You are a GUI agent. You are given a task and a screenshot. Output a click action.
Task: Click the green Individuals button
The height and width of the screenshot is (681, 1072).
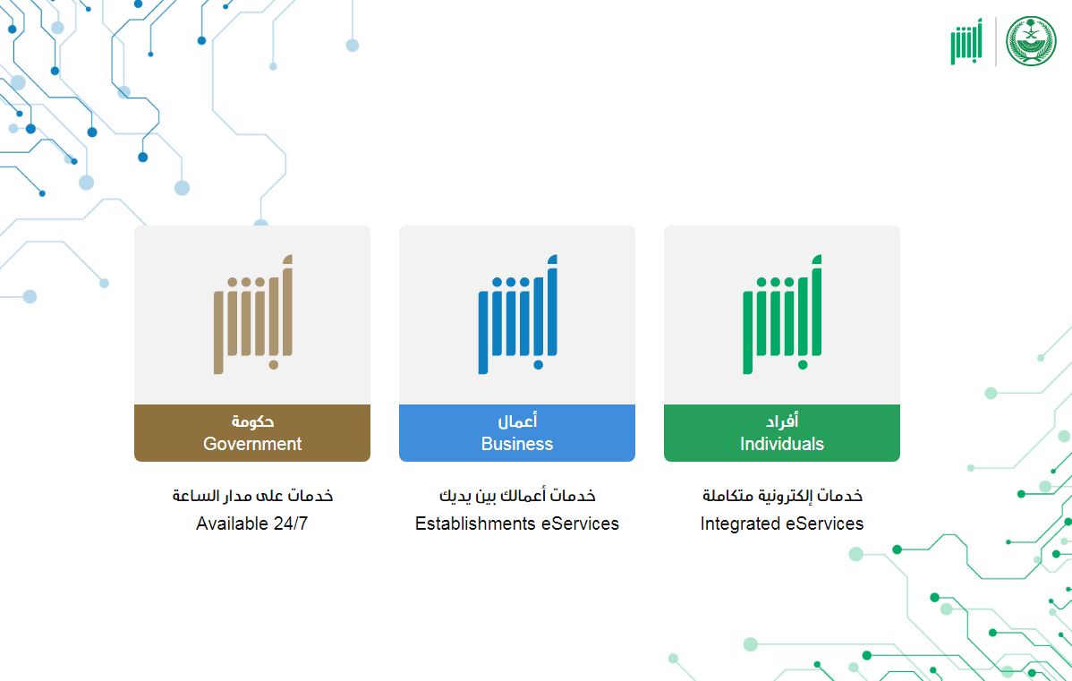[781, 433]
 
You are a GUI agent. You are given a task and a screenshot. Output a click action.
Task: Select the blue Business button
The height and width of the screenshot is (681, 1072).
[517, 433]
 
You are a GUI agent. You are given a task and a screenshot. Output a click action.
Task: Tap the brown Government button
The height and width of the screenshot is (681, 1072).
[252, 433]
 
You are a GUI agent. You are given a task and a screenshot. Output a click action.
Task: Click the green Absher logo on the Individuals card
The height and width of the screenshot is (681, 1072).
[782, 314]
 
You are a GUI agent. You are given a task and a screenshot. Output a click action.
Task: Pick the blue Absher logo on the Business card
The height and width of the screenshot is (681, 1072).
[517, 314]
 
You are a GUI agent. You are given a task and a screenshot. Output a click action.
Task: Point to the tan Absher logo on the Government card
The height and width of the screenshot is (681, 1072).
[253, 314]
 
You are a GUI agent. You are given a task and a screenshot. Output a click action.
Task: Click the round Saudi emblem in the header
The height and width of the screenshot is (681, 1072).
[1031, 41]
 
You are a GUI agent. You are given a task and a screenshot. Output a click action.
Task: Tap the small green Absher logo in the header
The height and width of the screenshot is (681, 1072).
[966, 42]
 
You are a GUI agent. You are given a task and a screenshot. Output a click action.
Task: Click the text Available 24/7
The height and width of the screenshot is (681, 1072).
[251, 524]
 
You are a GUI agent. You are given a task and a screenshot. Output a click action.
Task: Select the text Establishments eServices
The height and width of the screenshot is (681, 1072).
[517, 524]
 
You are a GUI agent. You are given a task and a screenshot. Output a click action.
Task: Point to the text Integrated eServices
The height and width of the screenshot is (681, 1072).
[781, 524]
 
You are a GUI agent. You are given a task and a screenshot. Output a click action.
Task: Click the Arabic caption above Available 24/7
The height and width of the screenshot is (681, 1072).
[252, 495]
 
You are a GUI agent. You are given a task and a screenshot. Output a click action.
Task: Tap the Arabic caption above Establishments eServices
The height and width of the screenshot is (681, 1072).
[517, 495]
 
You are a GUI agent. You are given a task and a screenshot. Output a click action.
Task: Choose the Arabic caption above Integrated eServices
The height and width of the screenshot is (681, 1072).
[782, 495]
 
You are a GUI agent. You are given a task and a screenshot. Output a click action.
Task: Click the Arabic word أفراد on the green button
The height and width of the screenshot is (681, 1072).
[782, 421]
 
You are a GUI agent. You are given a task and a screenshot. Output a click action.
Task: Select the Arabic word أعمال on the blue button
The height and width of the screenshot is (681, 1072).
[517, 421]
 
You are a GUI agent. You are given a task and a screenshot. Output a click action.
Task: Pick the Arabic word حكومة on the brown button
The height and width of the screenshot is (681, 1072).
[252, 421]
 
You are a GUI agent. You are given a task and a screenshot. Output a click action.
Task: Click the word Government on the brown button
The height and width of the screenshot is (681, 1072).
[252, 444]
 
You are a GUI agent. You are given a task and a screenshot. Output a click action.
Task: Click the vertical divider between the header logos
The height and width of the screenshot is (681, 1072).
[995, 42]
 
